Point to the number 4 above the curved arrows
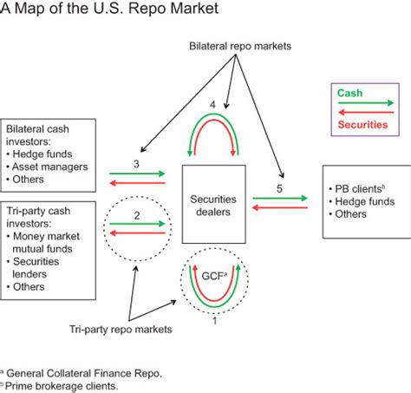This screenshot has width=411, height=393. (212, 105)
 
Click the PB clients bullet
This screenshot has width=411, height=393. (362, 187)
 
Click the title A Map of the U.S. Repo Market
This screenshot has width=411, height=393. (109, 10)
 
